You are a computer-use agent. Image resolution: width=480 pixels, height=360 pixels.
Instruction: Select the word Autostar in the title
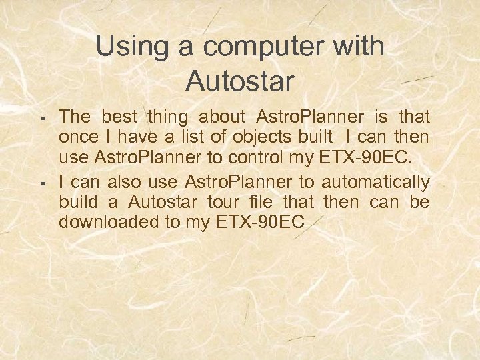point(240,81)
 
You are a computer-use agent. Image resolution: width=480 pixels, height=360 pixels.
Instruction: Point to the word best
point(121,117)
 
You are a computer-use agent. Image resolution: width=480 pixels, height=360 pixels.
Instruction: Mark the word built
point(314,138)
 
